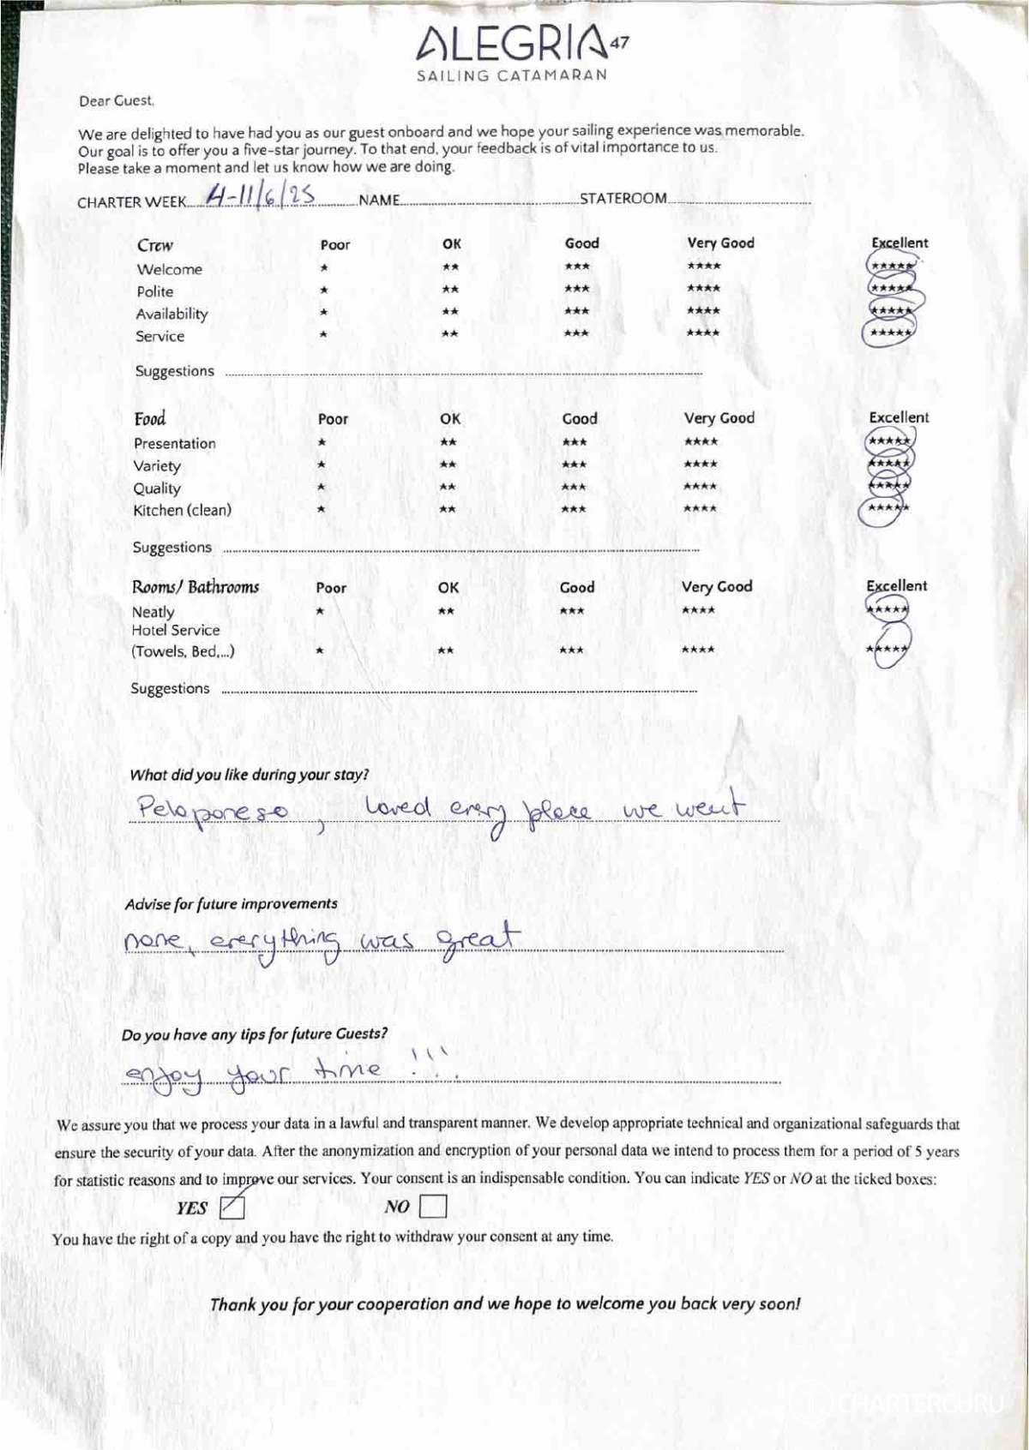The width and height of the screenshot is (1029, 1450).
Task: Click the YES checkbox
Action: click(x=232, y=1207)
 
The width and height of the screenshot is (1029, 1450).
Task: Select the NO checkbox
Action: click(x=433, y=1207)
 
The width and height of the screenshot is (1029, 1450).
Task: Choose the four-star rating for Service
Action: click(x=703, y=333)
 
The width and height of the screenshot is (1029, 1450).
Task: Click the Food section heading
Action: click(x=149, y=419)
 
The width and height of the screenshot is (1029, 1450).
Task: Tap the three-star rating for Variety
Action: click(x=575, y=465)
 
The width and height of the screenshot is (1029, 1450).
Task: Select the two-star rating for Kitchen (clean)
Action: click(x=448, y=510)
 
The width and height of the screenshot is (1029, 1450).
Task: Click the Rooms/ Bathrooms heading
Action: click(x=195, y=587)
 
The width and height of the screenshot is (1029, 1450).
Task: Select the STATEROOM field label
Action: click(x=623, y=199)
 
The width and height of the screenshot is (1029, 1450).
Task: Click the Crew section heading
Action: click(x=154, y=245)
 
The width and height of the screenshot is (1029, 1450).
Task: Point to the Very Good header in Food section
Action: click(x=719, y=418)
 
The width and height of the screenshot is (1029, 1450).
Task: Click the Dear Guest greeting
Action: click(x=117, y=101)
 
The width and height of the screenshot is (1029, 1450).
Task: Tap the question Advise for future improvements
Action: click(x=231, y=904)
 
